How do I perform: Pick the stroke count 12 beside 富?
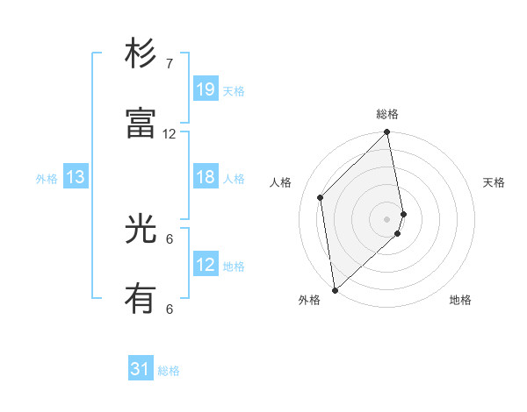tap(170, 133)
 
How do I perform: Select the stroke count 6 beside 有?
tap(170, 309)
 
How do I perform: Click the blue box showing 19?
tap(206, 89)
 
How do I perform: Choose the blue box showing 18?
tap(206, 178)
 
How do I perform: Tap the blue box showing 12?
tap(206, 265)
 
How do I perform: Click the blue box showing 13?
tap(75, 178)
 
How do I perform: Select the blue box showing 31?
tap(141, 370)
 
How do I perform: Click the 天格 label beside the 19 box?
tap(234, 91)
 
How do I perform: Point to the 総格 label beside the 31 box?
tap(169, 371)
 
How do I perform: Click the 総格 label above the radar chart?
tap(387, 114)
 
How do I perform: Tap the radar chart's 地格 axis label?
tap(460, 300)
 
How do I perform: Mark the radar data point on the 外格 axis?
tap(335, 289)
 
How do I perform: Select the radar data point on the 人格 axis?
tap(321, 197)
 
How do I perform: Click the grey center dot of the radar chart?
tap(387, 218)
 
